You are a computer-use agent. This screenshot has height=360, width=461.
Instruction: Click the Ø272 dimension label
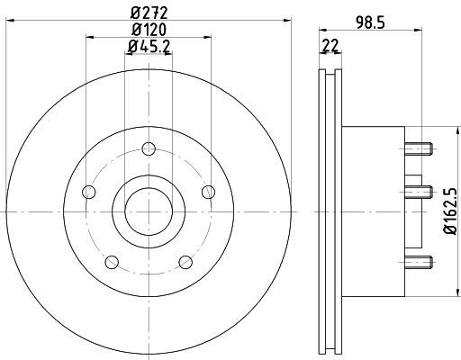click(149, 13)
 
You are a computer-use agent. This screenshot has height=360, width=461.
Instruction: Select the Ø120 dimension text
click(149, 30)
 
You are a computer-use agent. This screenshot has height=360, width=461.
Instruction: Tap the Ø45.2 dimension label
click(149, 47)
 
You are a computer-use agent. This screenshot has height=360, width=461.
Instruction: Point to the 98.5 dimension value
click(370, 22)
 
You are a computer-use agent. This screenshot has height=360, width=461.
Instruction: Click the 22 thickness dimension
click(330, 45)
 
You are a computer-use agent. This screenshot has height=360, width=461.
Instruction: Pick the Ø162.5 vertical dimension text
click(450, 211)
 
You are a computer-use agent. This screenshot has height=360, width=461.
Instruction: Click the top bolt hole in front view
click(149, 148)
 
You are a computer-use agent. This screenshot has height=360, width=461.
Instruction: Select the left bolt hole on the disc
click(88, 192)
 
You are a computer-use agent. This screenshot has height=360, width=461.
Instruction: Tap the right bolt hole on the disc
click(208, 192)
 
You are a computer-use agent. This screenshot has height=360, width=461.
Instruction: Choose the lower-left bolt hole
click(112, 262)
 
